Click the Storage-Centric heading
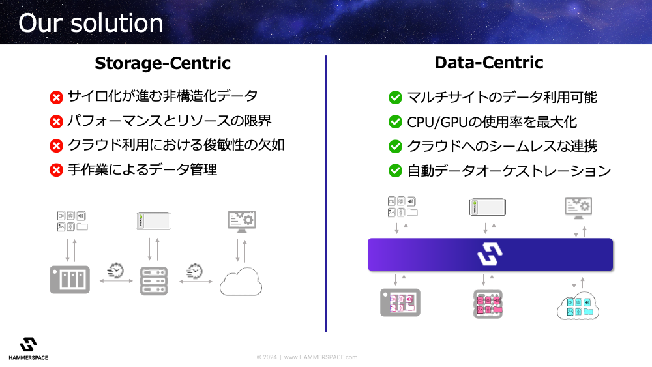pos(162,63)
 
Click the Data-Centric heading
pos(488,63)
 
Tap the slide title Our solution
pos(91,23)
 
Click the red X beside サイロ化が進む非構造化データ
pos(56,97)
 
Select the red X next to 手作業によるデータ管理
pos(56,170)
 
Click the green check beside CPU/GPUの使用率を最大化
pos(395,122)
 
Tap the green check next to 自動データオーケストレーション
pos(395,170)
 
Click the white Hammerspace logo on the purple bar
pos(490,254)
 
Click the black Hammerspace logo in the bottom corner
pos(28,345)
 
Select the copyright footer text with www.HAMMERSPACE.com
pos(307,357)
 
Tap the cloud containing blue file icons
pos(578,306)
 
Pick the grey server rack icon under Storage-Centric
pos(154,281)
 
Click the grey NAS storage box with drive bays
pos(70,280)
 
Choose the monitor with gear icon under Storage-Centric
pos(242,222)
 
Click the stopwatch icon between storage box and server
pos(115,270)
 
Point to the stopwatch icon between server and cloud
pos(194,271)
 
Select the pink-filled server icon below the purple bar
pos(488,304)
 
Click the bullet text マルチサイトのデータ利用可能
pos(502,97)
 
